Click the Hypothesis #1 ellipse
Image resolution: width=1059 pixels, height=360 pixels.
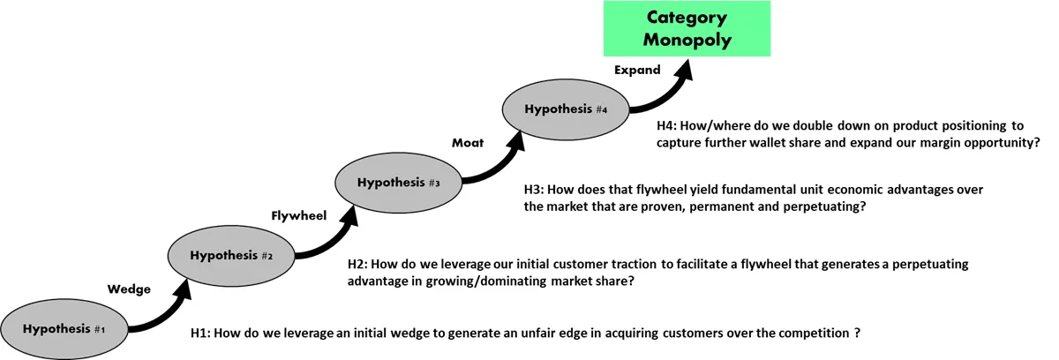[x=64, y=329]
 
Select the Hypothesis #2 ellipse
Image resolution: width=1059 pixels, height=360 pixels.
[x=231, y=256]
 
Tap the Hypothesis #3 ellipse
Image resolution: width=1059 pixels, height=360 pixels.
[x=399, y=183]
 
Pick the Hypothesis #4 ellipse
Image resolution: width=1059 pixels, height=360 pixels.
[x=566, y=109]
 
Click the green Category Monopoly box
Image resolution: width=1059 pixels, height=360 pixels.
[x=687, y=28]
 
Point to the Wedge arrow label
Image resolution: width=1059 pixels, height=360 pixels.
[x=129, y=289]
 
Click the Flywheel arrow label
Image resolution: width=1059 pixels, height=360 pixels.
[x=299, y=216]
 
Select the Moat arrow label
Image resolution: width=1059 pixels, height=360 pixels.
[x=468, y=143]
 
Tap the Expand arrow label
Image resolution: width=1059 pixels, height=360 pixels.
[x=637, y=70]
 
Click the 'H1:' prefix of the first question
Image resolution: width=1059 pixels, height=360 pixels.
[x=200, y=333]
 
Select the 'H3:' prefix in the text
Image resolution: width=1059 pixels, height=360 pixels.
[x=534, y=190]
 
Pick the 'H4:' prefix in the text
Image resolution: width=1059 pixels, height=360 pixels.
[x=667, y=125]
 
